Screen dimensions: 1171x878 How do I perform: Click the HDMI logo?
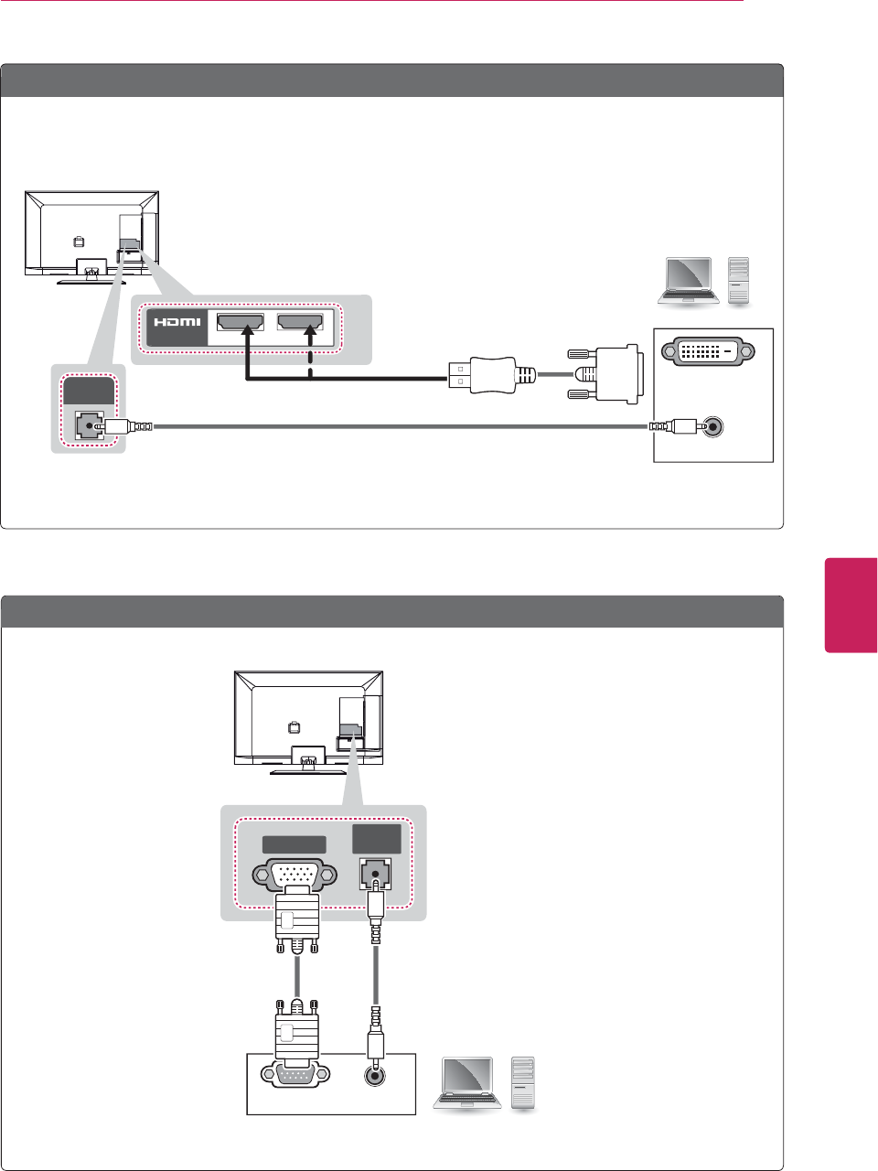(177, 323)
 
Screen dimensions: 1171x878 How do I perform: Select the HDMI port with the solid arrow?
(241, 322)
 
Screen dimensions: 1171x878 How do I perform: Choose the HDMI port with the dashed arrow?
(300, 322)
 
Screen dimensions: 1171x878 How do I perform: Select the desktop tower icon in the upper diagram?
(738, 280)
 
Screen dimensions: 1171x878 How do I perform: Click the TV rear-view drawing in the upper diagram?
(91, 234)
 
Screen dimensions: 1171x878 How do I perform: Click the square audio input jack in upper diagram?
(87, 425)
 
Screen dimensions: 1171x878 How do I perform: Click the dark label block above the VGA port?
(294, 844)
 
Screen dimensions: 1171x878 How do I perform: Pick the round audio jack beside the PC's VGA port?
(373, 1076)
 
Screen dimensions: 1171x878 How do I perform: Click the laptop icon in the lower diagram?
(467, 1084)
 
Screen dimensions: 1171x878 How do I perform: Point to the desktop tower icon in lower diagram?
(523, 1083)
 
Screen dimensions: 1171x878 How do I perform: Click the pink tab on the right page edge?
(851, 605)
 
